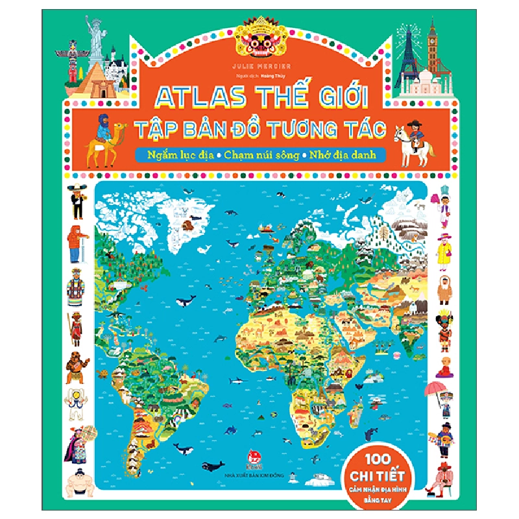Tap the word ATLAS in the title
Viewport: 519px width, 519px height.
[194, 99]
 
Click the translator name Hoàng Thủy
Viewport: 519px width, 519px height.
[272, 75]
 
